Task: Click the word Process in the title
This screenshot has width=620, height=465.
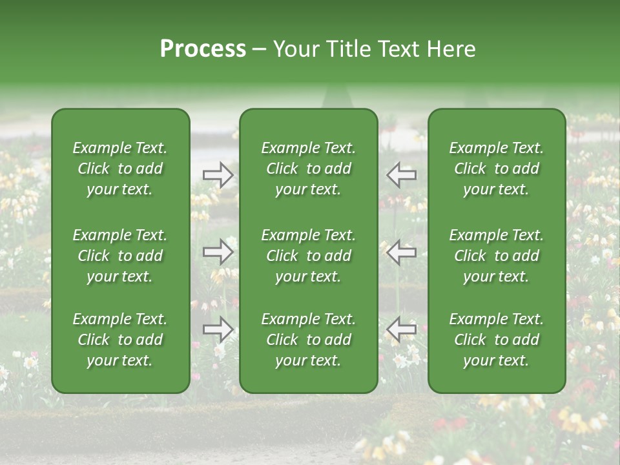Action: (x=203, y=49)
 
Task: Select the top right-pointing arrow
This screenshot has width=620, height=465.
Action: (x=218, y=174)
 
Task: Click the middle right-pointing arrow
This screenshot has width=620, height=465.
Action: (x=218, y=252)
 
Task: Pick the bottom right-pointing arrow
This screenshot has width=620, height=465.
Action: (x=218, y=330)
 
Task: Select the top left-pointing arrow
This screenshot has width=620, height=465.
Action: (x=402, y=174)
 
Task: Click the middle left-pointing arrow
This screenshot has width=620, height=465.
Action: (x=402, y=252)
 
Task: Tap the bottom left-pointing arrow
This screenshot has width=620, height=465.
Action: (x=402, y=330)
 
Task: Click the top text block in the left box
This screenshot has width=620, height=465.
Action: (x=120, y=169)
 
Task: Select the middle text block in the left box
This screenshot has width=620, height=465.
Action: (x=120, y=256)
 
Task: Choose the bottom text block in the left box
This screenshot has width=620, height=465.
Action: (x=120, y=340)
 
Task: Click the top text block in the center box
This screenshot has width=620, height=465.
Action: (x=308, y=169)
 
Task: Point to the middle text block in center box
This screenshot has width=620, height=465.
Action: (x=308, y=256)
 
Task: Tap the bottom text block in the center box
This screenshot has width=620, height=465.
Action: (x=308, y=340)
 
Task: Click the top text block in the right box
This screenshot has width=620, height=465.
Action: (x=497, y=169)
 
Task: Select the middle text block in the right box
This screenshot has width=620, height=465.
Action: (x=497, y=256)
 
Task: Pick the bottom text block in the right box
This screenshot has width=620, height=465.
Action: (x=497, y=340)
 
